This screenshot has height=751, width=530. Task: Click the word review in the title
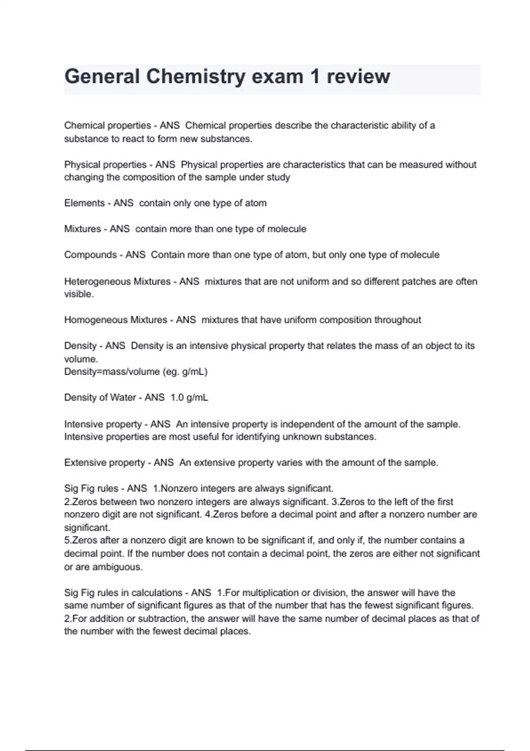[358, 76]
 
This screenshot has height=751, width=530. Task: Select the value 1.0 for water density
[177, 398]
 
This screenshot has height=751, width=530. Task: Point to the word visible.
[78, 294]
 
